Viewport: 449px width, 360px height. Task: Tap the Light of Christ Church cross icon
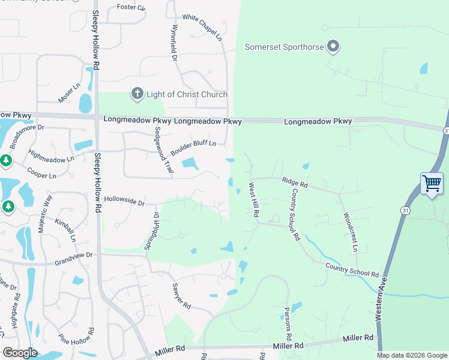(137, 94)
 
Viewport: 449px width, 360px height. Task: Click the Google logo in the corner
(20, 353)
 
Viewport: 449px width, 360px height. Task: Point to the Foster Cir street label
(131, 7)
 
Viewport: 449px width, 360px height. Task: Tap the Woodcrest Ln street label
(350, 230)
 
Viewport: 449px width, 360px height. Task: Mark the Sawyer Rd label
(181, 296)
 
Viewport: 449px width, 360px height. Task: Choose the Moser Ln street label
(69, 92)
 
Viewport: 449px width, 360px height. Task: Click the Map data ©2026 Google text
(411, 355)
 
